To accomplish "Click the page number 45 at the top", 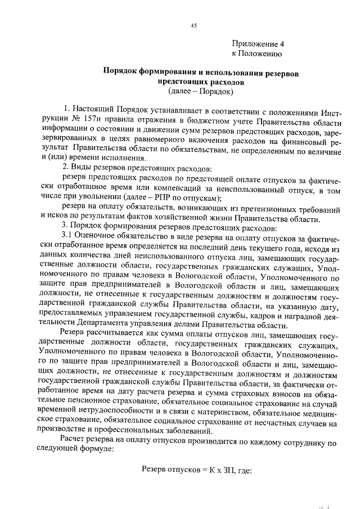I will coord(193,25).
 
